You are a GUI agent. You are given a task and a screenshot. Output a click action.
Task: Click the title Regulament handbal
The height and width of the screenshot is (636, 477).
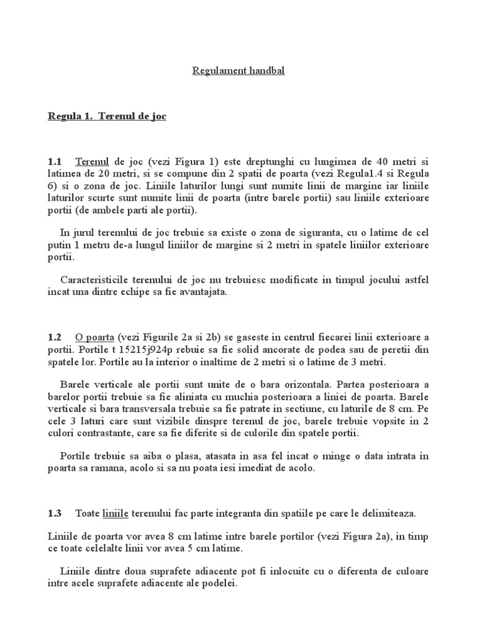tap(238, 71)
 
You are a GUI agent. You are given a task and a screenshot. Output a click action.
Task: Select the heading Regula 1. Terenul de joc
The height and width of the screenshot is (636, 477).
tap(107, 116)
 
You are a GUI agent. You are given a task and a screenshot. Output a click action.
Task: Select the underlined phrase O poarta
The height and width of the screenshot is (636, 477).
tap(94, 337)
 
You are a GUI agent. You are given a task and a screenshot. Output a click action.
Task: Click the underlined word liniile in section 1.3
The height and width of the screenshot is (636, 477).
tap(115, 513)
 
